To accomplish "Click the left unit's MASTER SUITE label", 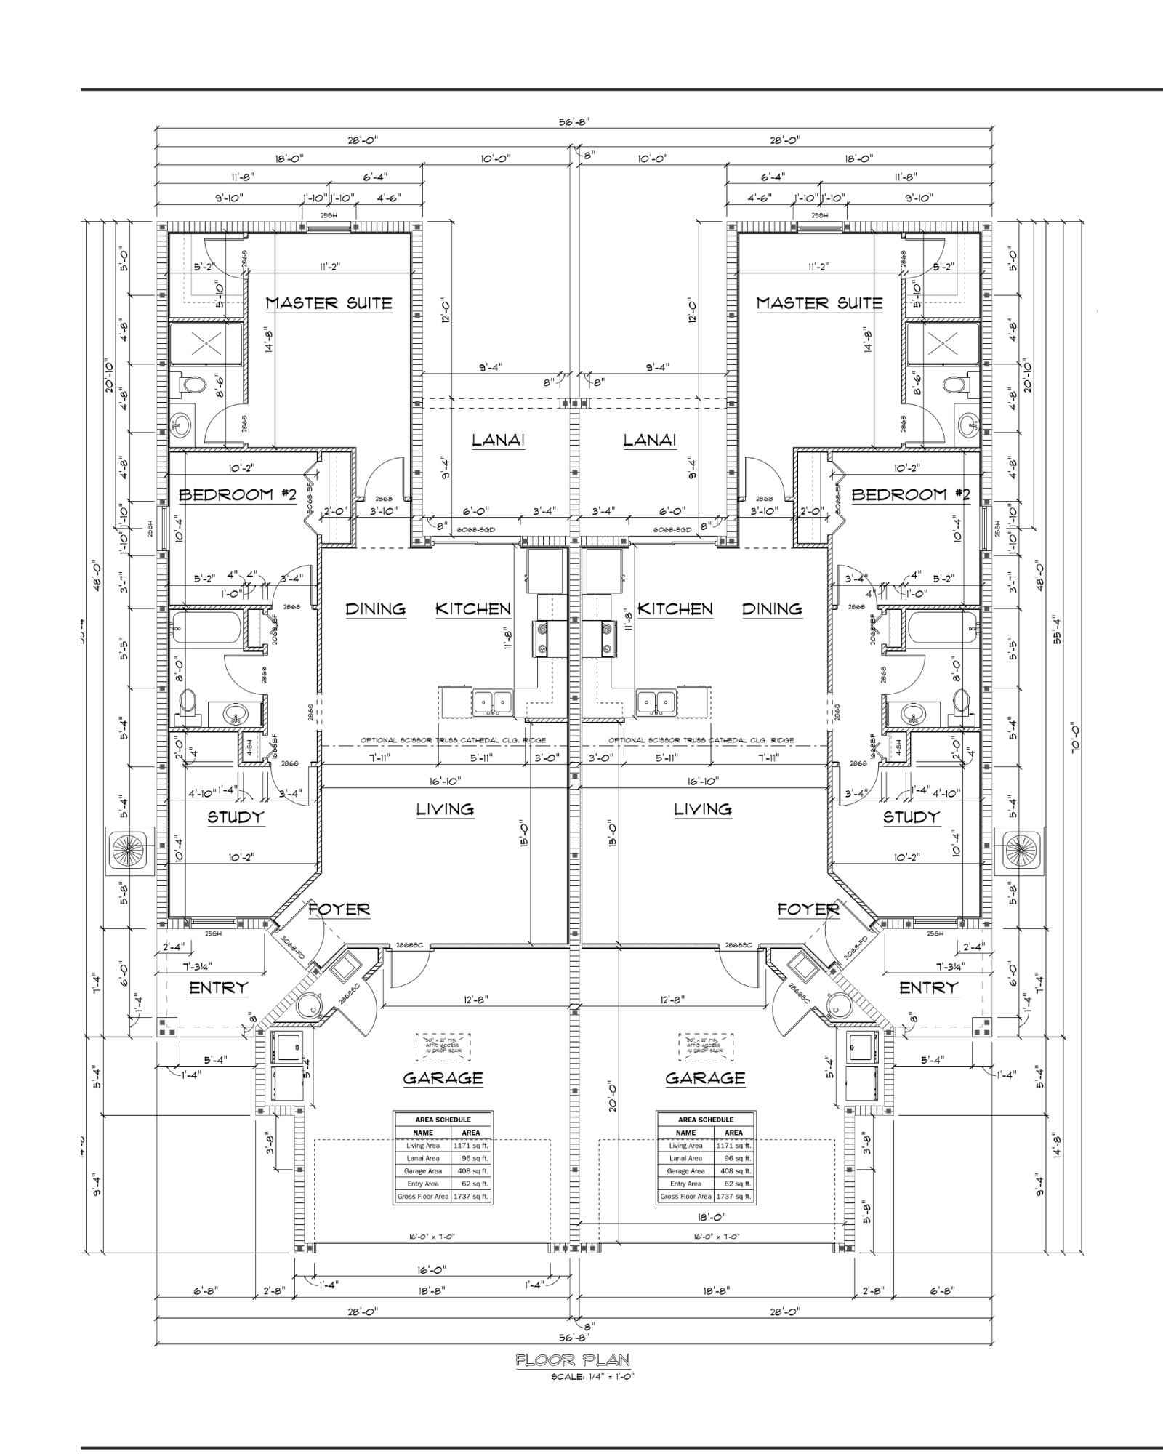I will click(329, 303).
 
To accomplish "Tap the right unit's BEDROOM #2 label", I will click(910, 495).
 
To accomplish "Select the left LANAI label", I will click(498, 440).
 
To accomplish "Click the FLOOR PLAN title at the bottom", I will click(573, 1359).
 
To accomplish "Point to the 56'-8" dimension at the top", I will click(574, 122).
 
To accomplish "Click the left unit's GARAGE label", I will click(443, 1078).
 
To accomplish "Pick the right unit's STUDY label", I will click(911, 817).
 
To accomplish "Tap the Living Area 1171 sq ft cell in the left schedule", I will click(470, 1146).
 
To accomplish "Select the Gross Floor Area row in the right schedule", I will click(706, 1196).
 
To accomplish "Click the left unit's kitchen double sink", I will click(493, 702).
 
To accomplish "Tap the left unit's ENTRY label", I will click(219, 988).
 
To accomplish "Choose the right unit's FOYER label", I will click(808, 909).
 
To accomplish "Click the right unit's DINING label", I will click(772, 609).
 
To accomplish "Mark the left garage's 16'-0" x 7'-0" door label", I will click(431, 1237).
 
